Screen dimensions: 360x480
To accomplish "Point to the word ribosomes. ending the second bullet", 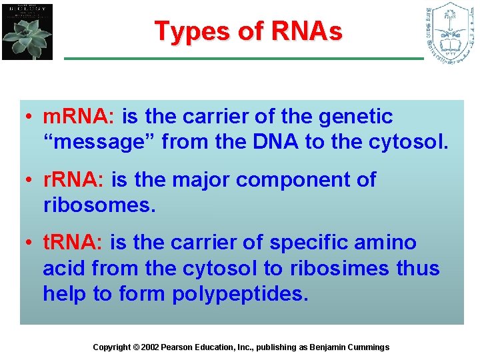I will click(99, 205).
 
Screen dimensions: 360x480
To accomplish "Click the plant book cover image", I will click(27, 31).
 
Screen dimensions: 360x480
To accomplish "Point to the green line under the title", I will click(243, 59).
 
